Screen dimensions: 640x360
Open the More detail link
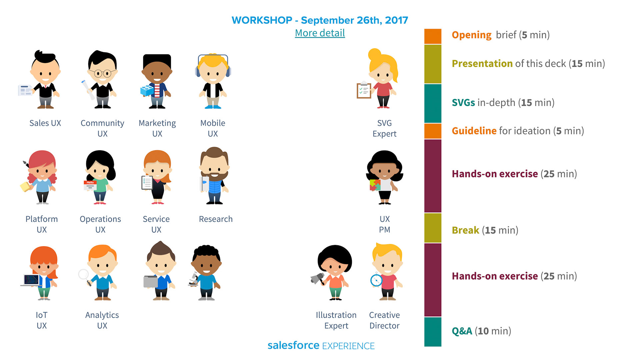pyautogui.click(x=320, y=33)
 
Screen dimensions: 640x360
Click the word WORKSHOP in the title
pyautogui.click(x=262, y=20)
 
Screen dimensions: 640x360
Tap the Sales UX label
pyautogui.click(x=45, y=123)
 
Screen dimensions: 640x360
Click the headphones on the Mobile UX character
pyautogui.click(x=213, y=65)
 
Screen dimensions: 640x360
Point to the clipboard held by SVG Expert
pyautogui.click(x=364, y=90)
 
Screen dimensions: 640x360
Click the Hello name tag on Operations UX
pyautogui.click(x=90, y=185)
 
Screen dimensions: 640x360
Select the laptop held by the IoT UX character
pyautogui.click(x=31, y=280)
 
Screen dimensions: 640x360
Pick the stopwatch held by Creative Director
pyautogui.click(x=376, y=280)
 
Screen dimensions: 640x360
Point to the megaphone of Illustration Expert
pyautogui.click(x=317, y=279)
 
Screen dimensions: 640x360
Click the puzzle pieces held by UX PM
pyautogui.click(x=375, y=185)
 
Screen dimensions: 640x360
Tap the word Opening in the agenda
pyautogui.click(x=472, y=35)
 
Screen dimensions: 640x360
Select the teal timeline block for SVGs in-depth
pyautogui.click(x=433, y=103)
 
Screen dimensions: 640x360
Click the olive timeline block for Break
pyautogui.click(x=433, y=228)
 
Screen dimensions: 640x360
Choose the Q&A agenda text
pyautogui.click(x=481, y=331)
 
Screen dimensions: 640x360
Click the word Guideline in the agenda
pyautogui.click(x=474, y=131)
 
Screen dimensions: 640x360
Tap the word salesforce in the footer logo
pyautogui.click(x=293, y=345)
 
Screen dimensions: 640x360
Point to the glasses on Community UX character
pyautogui.click(x=102, y=73)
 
